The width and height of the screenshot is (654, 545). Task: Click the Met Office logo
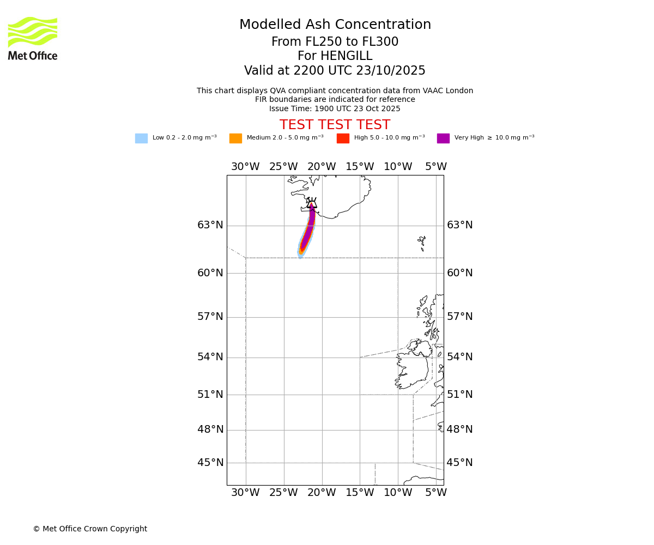(x=33, y=38)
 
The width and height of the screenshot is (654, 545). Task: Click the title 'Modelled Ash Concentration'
(x=335, y=25)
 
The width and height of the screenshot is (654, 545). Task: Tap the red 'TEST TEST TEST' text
(x=335, y=125)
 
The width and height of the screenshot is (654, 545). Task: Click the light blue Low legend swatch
(x=141, y=138)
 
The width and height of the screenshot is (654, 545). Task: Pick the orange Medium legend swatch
(x=235, y=138)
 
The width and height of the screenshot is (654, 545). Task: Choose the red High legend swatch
(x=343, y=138)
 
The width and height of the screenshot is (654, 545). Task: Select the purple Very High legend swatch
(x=443, y=138)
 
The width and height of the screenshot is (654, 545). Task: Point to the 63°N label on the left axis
(x=210, y=225)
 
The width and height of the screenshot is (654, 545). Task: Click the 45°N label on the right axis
(x=459, y=463)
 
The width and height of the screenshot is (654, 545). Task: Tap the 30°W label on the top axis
(x=245, y=167)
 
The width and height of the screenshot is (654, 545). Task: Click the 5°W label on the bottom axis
(x=436, y=493)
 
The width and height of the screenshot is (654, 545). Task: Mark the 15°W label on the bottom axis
(x=360, y=493)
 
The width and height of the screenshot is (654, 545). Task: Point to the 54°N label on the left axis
(x=210, y=357)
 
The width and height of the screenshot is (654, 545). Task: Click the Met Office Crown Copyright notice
(x=90, y=529)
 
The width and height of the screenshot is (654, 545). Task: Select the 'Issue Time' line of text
(x=335, y=109)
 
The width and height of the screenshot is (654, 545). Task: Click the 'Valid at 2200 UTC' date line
(x=335, y=71)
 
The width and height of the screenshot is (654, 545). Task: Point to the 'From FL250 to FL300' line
(x=335, y=42)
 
